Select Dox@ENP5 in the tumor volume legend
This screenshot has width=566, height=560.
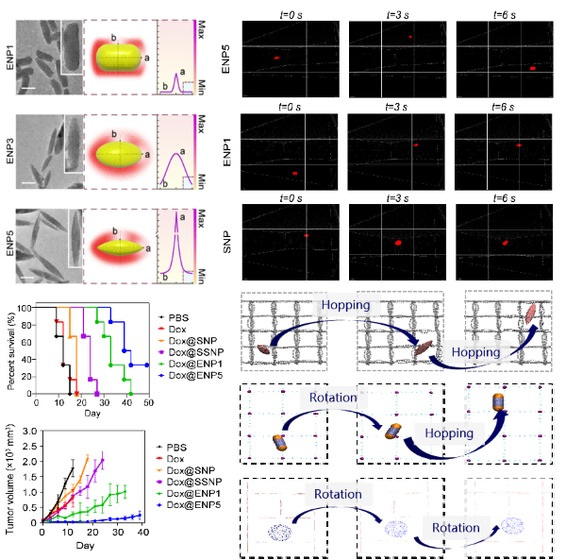194,505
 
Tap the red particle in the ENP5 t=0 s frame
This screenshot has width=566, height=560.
276,59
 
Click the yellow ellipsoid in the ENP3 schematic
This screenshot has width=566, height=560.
117,151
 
